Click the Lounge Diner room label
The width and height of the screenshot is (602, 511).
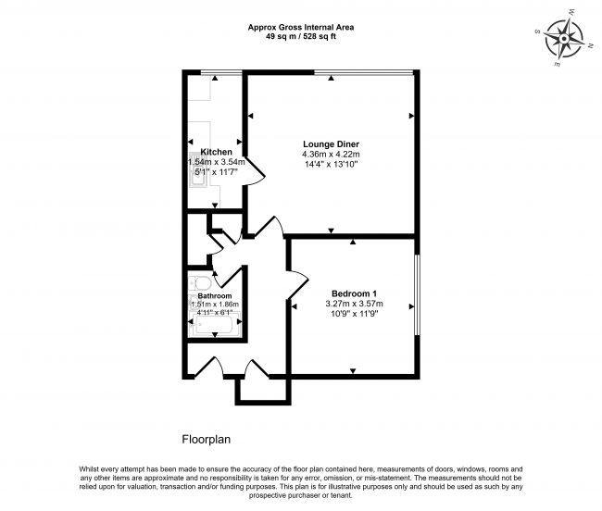(x=331, y=144)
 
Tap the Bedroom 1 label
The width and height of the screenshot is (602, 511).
(x=354, y=293)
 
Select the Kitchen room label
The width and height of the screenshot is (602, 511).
(x=216, y=152)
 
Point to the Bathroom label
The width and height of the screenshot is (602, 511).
(x=215, y=296)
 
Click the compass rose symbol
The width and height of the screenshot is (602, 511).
(x=564, y=39)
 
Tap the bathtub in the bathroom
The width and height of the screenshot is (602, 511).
(x=215, y=325)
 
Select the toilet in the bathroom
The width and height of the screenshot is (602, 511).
(x=200, y=283)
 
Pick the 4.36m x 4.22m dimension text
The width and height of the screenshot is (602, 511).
(x=331, y=155)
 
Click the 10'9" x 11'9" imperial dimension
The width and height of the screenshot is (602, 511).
(x=355, y=314)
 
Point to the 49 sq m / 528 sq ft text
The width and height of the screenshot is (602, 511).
(x=301, y=37)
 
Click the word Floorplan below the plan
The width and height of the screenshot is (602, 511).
(x=207, y=440)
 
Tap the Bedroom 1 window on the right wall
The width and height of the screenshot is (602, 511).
(x=418, y=295)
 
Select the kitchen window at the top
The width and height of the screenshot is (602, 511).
(x=221, y=72)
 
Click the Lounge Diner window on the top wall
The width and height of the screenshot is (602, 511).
(x=364, y=72)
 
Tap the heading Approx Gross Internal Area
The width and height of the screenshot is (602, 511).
(x=301, y=27)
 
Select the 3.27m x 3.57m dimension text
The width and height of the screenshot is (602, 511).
(x=355, y=304)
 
